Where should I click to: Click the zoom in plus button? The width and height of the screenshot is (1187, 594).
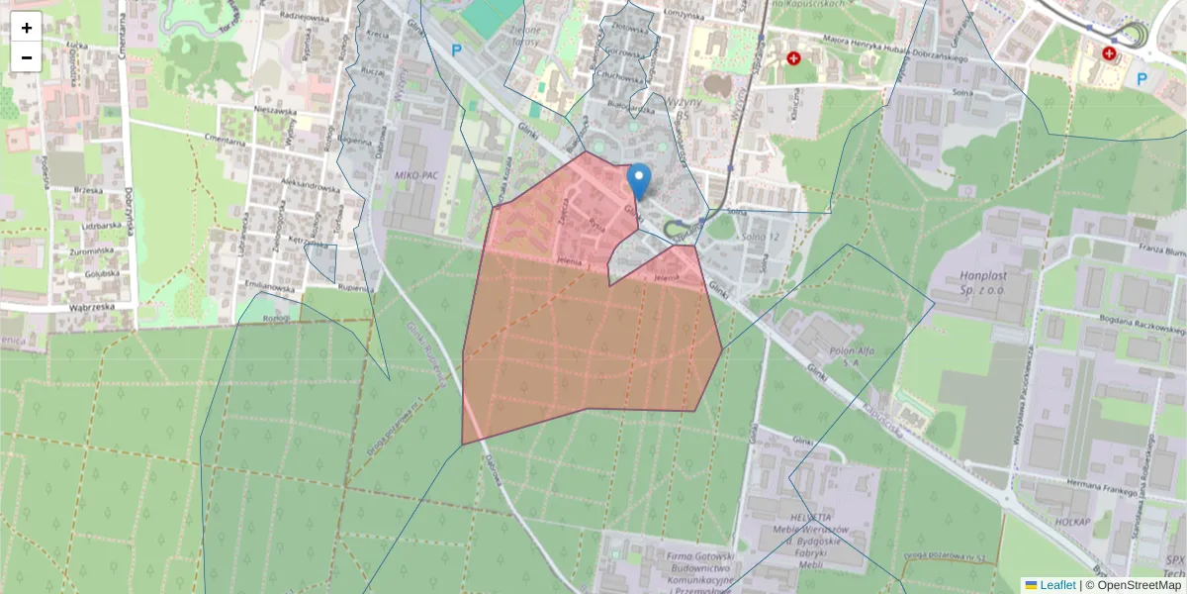(27, 27)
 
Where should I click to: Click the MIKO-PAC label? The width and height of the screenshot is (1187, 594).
(415, 175)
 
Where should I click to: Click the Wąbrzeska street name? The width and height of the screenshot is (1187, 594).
(79, 307)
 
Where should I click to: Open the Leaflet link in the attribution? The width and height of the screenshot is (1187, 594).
(1056, 585)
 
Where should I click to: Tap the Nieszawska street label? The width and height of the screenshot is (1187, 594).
(275, 111)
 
